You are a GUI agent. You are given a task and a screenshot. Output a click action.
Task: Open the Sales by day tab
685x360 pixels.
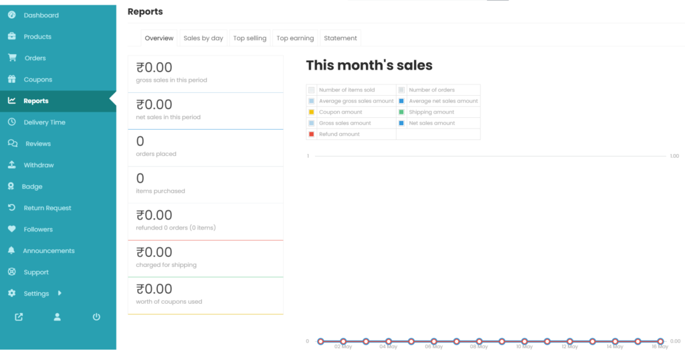pos(203,38)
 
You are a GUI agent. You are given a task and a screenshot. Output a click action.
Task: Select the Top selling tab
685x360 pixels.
pos(250,38)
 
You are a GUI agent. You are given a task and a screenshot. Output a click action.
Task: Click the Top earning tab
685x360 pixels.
pos(295,38)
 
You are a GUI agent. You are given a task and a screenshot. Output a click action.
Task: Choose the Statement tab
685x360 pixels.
pos(340,38)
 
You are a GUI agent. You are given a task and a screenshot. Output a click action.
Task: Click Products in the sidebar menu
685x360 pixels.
pos(37,37)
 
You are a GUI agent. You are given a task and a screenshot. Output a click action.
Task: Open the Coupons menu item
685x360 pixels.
pos(38,80)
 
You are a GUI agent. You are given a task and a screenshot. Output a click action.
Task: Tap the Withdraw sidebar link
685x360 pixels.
pos(39,165)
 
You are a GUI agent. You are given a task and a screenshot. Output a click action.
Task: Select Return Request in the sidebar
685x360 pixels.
pos(47,208)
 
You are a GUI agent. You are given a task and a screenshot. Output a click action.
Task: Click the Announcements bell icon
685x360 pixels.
pos(11,250)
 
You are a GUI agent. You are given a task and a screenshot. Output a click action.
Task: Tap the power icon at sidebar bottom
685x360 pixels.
pos(96,317)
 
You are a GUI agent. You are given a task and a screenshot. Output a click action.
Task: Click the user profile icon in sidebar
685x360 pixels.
pos(58,317)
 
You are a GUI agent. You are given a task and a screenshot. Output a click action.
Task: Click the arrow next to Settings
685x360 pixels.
pos(60,293)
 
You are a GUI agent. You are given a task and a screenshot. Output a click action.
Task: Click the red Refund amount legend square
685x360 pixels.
pos(312,134)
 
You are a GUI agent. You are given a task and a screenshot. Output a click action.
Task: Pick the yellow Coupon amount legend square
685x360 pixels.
pos(312,112)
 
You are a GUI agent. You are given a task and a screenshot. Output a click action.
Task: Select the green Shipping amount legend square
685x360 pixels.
pos(401,112)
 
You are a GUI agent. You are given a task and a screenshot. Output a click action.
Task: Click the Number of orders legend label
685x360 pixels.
pos(431,90)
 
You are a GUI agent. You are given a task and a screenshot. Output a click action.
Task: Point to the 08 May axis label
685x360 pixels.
pos(479,347)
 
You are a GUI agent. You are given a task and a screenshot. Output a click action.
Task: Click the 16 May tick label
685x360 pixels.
pos(660,347)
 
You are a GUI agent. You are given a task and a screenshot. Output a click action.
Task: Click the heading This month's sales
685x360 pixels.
pos(369,66)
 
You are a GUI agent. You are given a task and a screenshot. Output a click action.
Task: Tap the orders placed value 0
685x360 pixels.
pos(140,141)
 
